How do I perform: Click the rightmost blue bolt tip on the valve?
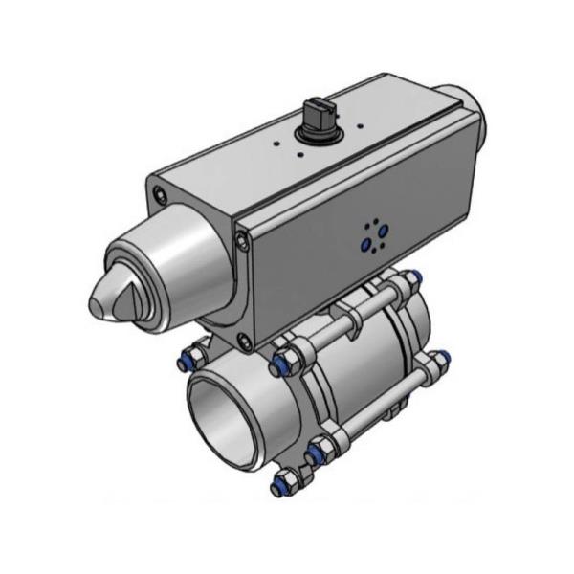coord(442,362)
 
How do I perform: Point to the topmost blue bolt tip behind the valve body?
coord(411,278)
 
